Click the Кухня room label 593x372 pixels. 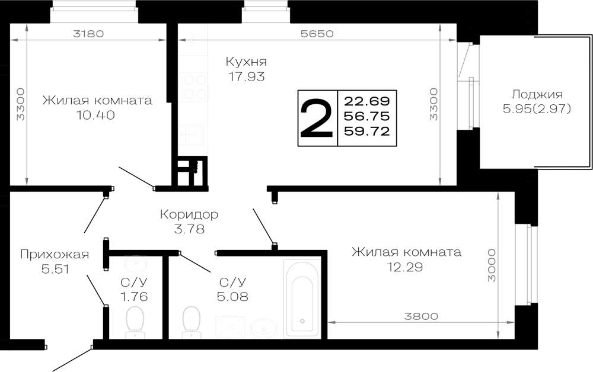(246, 62)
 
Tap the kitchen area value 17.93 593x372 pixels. (246, 76)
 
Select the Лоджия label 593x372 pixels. (537, 94)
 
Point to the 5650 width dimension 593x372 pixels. (317, 34)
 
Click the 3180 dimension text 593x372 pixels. (88, 34)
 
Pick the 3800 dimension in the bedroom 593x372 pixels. (421, 316)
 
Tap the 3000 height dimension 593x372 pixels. (491, 265)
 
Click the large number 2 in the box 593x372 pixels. (317, 118)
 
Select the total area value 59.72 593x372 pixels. (367, 131)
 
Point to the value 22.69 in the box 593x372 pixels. (367, 101)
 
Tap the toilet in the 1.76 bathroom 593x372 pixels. (134, 322)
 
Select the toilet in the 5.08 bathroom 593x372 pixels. (191, 322)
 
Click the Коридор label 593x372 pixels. (189, 214)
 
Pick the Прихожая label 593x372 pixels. (55, 255)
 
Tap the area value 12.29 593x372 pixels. (404, 267)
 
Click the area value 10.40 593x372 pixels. (96, 115)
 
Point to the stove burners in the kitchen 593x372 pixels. (194, 86)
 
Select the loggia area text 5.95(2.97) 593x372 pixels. (537, 109)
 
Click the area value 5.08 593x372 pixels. (232, 296)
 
